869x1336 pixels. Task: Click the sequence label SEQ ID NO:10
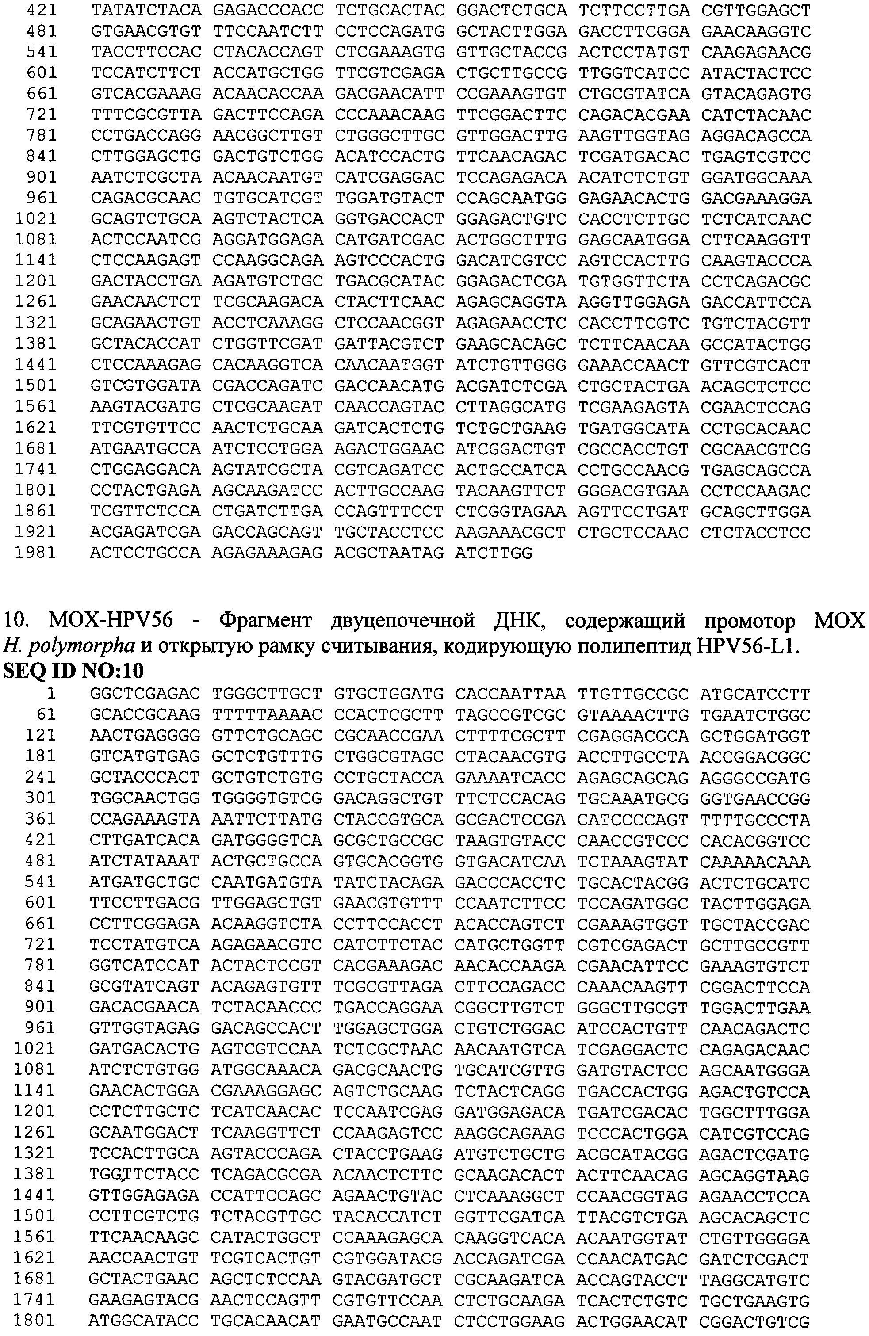(73, 671)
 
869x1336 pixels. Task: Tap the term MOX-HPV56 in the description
(111, 620)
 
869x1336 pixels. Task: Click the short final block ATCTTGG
(494, 553)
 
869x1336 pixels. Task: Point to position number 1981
(35, 553)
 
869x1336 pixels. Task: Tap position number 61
(46, 714)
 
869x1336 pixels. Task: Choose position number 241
(40, 778)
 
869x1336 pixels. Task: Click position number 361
(40, 820)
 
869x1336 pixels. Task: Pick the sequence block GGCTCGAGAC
(145, 694)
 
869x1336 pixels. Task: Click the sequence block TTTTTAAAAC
(267, 714)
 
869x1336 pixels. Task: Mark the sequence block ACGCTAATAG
(388, 553)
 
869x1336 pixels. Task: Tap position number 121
(40, 735)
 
